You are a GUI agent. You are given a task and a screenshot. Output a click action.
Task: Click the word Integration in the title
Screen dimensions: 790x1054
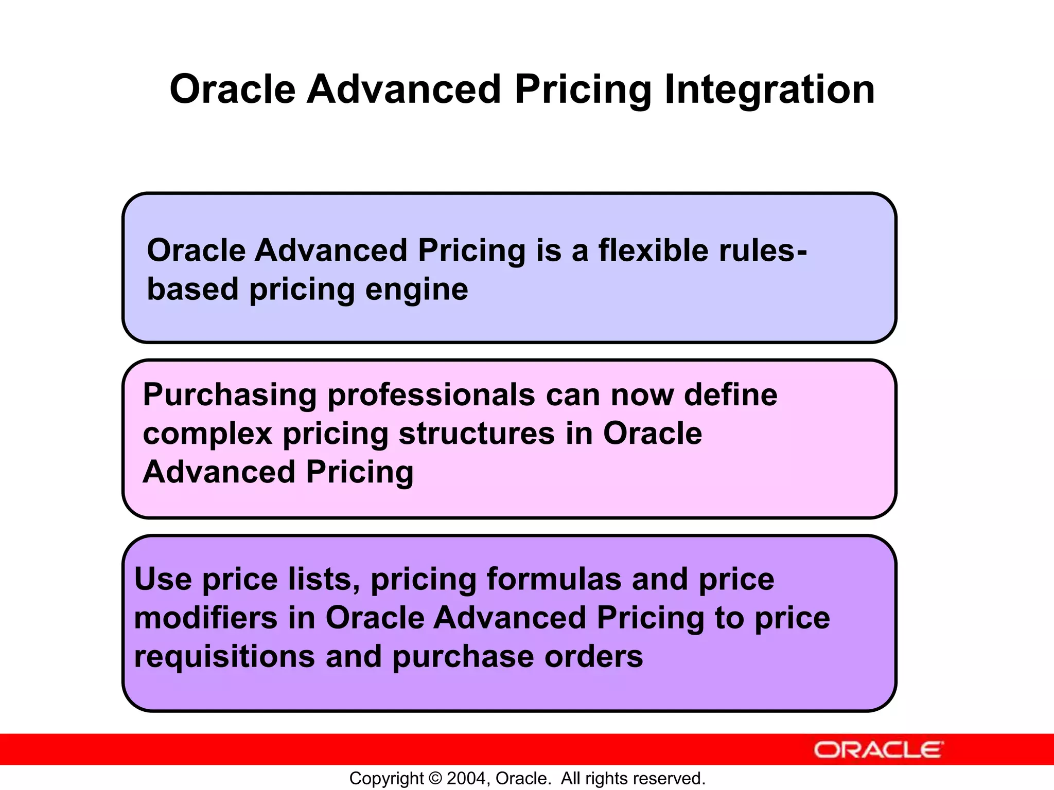(769, 89)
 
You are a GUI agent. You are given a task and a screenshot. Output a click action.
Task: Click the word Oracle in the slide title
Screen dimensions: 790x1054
(233, 89)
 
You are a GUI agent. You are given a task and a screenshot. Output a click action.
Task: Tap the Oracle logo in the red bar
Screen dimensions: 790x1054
(879, 750)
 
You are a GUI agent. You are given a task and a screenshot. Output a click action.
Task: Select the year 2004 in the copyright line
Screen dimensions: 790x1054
(466, 778)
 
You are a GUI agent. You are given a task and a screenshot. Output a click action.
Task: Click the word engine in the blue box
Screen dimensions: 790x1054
(416, 289)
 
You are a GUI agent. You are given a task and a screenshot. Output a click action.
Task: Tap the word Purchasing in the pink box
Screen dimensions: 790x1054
(230, 395)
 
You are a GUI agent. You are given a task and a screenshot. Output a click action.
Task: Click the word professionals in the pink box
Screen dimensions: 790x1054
(431, 395)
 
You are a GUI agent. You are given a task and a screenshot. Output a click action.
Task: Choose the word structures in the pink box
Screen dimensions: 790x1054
(477, 434)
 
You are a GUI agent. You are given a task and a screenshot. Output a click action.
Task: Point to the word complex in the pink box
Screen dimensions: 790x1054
(207, 434)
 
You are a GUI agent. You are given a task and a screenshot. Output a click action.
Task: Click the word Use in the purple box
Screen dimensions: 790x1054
(163, 579)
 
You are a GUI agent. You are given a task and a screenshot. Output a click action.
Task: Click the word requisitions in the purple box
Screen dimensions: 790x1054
(224, 657)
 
